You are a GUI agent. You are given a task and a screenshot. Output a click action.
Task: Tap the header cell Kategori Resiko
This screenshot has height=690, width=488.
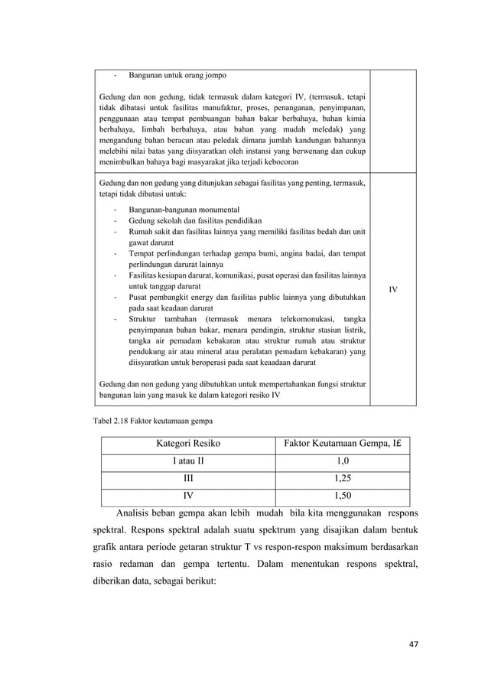[x=185, y=444]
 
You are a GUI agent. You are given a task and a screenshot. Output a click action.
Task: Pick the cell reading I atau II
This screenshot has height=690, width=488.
[x=186, y=461]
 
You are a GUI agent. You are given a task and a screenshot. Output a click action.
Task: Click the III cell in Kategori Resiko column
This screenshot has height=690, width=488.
[x=186, y=478]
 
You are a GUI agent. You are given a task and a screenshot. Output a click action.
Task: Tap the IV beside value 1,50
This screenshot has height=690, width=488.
[x=186, y=495]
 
